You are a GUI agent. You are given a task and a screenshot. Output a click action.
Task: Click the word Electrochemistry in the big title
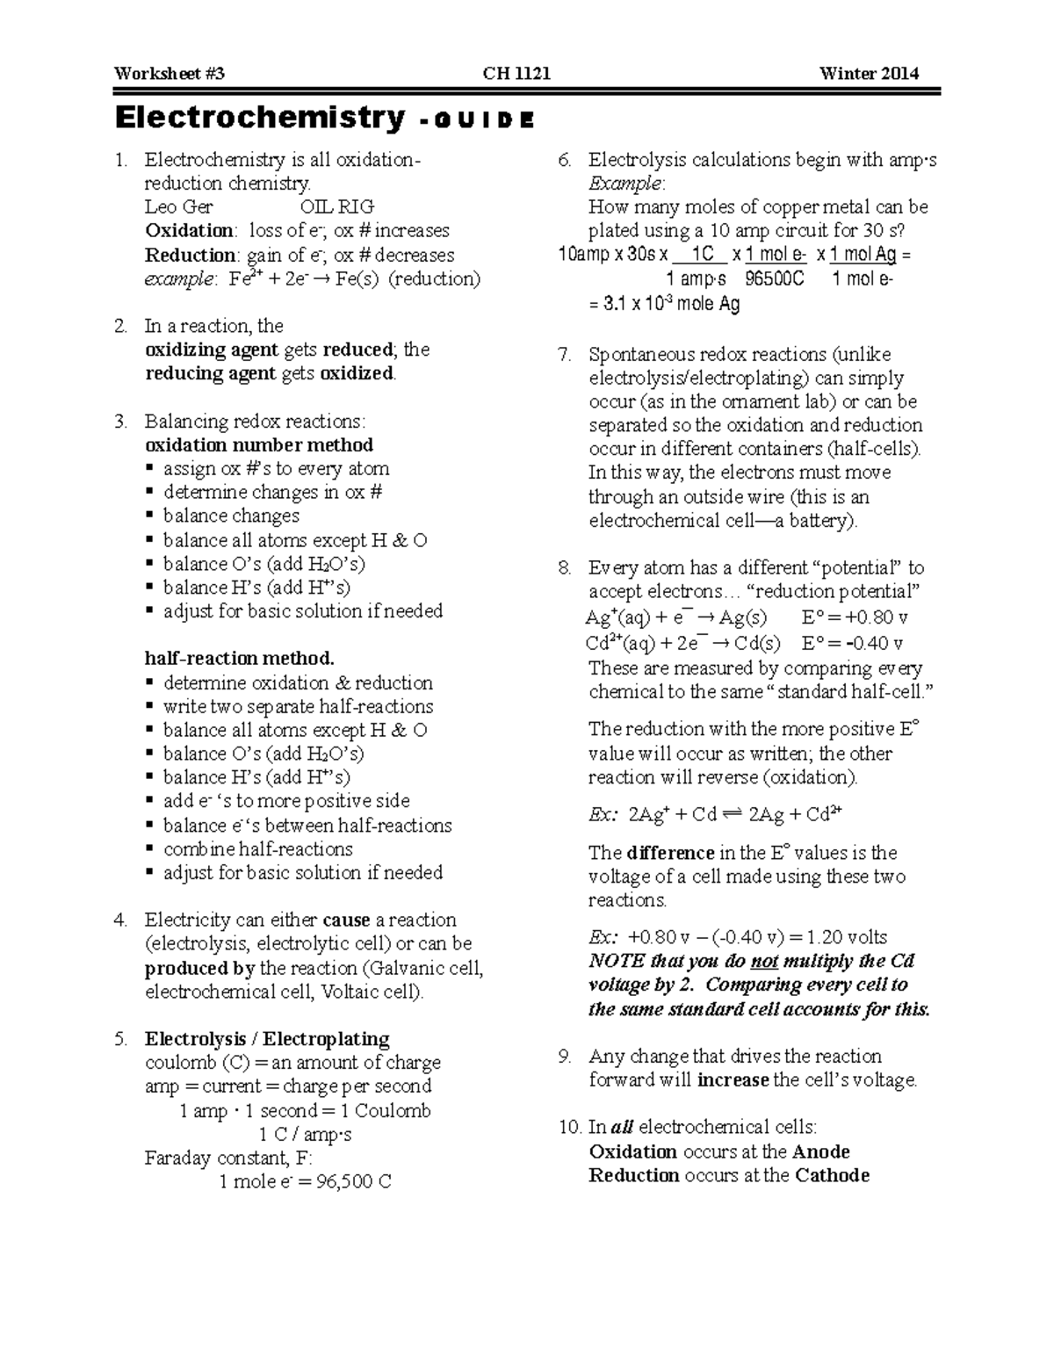tap(260, 118)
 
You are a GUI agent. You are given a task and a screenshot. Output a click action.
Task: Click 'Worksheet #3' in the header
tap(169, 74)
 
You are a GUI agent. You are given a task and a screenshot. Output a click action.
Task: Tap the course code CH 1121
tap(517, 74)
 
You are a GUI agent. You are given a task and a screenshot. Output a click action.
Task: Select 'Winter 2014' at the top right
tap(869, 74)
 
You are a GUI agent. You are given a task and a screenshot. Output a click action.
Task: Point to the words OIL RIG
tap(337, 207)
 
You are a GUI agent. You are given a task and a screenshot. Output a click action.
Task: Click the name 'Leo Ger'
tap(178, 207)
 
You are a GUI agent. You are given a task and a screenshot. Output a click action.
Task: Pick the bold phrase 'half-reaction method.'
tap(239, 659)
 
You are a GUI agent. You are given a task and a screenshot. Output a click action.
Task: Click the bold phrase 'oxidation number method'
tap(259, 445)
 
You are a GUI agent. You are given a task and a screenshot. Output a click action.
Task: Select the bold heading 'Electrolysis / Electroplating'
tap(267, 1039)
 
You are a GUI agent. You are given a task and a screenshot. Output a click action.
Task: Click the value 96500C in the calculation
tap(774, 279)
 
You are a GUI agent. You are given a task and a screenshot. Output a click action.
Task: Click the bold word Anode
tap(821, 1151)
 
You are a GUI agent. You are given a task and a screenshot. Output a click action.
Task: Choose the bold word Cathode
tap(832, 1175)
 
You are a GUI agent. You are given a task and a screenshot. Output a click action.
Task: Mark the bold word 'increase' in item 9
tap(733, 1080)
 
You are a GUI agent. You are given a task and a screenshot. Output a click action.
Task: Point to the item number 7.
tap(565, 355)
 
